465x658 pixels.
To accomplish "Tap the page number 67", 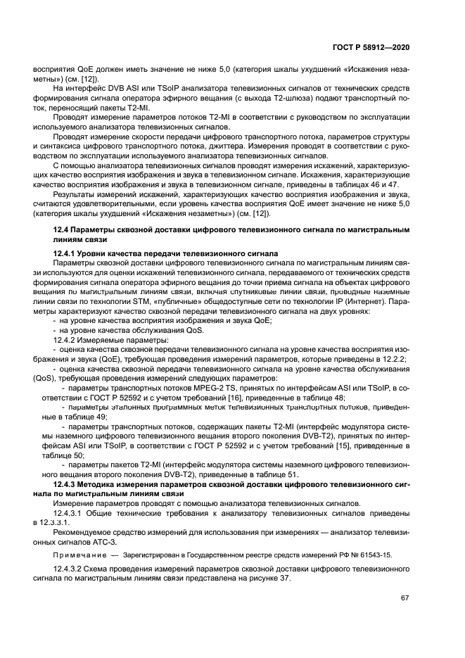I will pyautogui.click(x=405, y=599).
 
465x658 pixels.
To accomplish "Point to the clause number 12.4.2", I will pyautogui.click(x=66, y=339).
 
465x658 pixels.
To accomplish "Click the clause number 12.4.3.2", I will pyautogui.click(x=71, y=566).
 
